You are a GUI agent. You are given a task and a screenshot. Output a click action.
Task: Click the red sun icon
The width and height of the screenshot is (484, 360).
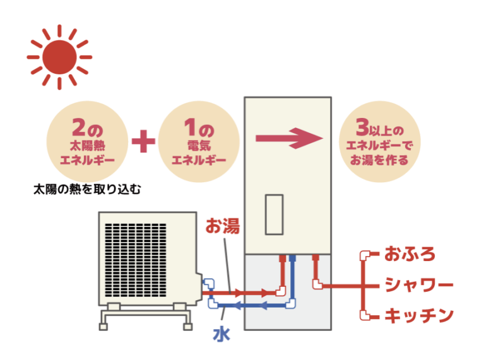pyautogui.click(x=59, y=57)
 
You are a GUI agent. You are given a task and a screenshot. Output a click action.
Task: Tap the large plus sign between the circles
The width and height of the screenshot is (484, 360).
pyautogui.click(x=143, y=141)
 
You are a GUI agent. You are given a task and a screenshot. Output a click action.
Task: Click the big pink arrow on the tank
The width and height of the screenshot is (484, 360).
pyautogui.click(x=289, y=138)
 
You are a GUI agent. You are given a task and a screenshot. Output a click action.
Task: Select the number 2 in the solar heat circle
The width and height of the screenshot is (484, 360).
pyautogui.click(x=79, y=127)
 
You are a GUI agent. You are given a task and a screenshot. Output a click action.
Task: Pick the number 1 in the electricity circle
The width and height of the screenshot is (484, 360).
pyautogui.click(x=190, y=127)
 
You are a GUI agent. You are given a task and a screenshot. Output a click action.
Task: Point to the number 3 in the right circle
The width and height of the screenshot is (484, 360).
pyautogui.click(x=362, y=127)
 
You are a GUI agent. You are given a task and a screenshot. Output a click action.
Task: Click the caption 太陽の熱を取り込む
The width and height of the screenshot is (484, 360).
pyautogui.click(x=87, y=189)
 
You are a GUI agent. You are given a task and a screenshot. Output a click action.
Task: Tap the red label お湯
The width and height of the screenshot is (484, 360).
pyautogui.click(x=223, y=226)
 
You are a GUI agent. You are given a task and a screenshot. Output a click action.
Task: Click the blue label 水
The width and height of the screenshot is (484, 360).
pyautogui.click(x=221, y=334)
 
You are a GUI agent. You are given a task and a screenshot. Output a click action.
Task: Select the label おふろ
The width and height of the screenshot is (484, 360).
pyautogui.click(x=410, y=254)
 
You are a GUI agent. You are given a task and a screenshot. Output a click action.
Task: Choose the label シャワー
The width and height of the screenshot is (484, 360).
pyautogui.click(x=419, y=285)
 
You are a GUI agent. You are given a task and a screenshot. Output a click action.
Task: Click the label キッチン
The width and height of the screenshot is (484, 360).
pyautogui.click(x=419, y=315)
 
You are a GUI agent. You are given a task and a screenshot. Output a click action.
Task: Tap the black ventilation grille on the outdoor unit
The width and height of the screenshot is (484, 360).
pyautogui.click(x=136, y=260)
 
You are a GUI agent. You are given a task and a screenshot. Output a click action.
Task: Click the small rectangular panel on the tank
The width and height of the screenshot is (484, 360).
pyautogui.click(x=274, y=214)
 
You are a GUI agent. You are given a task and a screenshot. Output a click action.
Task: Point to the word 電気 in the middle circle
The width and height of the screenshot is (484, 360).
pyautogui.click(x=199, y=146)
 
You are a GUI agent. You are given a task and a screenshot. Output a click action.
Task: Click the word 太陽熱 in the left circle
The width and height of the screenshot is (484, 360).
pyautogui.click(x=87, y=146)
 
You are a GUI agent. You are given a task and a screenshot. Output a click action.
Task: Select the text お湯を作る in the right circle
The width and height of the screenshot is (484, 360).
pyautogui.click(x=379, y=160)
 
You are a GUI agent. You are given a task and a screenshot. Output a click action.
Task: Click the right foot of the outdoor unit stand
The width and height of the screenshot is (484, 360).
pyautogui.click(x=188, y=327)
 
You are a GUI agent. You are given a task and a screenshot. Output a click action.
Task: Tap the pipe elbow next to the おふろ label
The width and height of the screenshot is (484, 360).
pyautogui.click(x=365, y=256)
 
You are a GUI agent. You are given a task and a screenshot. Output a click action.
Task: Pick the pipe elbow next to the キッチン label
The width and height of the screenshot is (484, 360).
pyautogui.click(x=365, y=315)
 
